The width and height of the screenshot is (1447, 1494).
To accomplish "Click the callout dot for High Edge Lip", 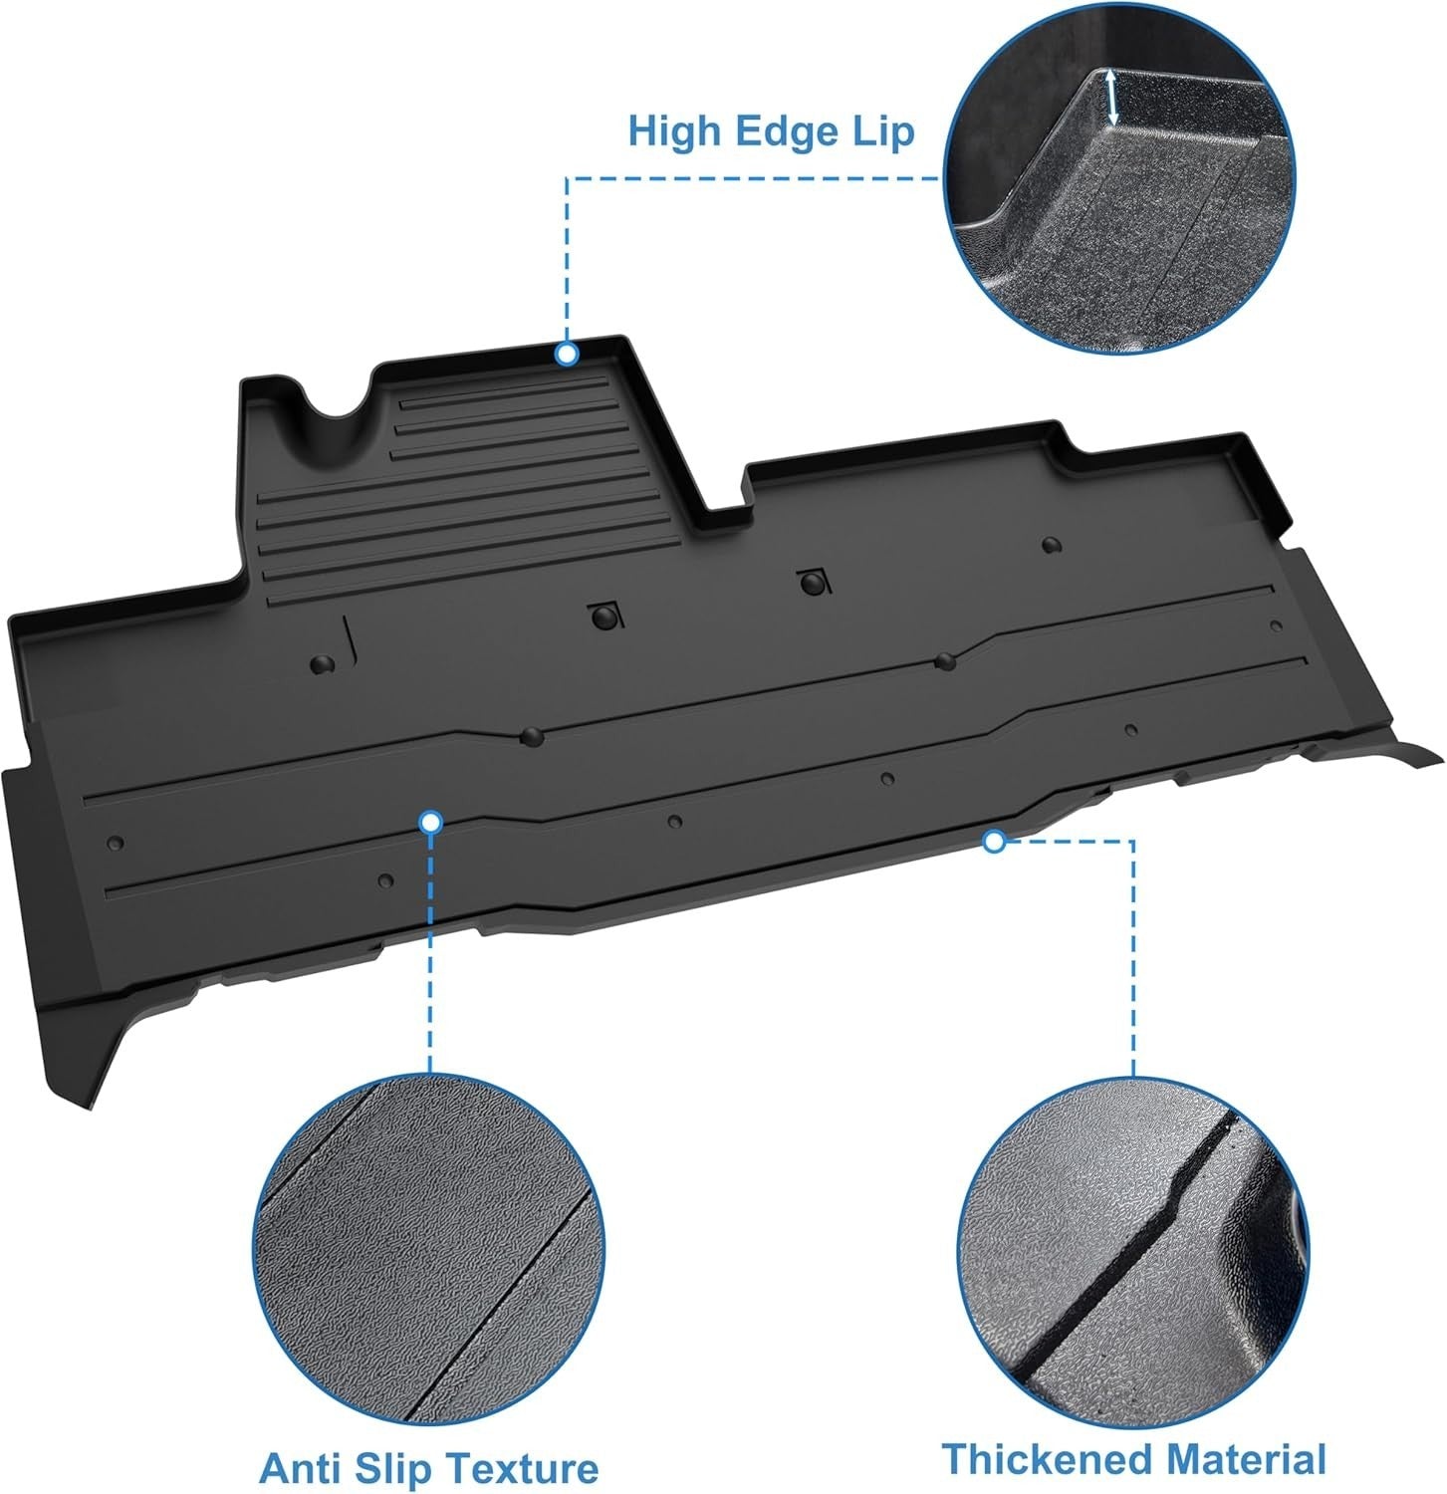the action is (567, 354).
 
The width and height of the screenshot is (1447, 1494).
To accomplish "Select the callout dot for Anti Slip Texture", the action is (430, 822).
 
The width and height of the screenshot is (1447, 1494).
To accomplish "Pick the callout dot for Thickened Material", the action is (993, 842).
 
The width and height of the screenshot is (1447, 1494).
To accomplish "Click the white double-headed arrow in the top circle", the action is (1112, 97).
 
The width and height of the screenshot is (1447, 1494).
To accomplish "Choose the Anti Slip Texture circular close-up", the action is (430, 1251).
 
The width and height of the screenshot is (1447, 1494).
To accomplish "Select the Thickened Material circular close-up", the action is (1133, 1251).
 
